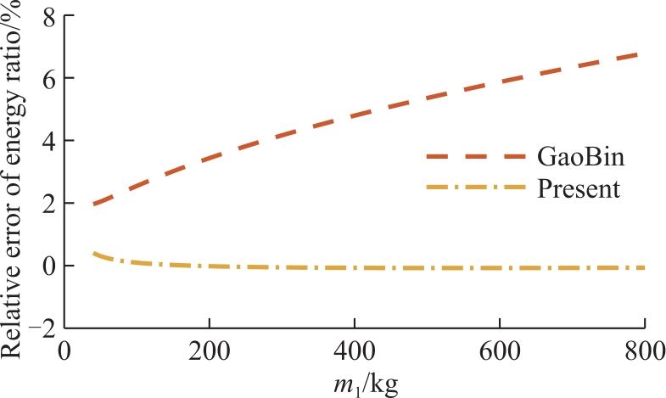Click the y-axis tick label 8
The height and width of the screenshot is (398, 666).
click(49, 17)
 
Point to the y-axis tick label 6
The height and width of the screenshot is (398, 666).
click(49, 79)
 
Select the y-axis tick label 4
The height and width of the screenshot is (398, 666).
click(49, 142)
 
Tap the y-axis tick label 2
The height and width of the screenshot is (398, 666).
click(49, 204)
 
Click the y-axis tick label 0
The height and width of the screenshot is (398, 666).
click(49, 266)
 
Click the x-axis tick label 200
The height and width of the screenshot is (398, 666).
click(210, 352)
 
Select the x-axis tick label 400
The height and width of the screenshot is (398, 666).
click(355, 352)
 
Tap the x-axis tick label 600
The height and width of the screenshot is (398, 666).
click(500, 352)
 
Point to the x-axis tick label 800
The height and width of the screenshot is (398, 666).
click(643, 352)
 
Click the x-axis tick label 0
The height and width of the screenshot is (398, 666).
click(64, 352)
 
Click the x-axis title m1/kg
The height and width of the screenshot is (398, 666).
click(366, 384)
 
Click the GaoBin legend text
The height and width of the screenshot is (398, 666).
click(580, 157)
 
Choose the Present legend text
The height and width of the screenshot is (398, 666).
click(579, 189)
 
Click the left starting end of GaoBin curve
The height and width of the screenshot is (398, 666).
click(93, 205)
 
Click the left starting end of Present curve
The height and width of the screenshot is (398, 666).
click(93, 253)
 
